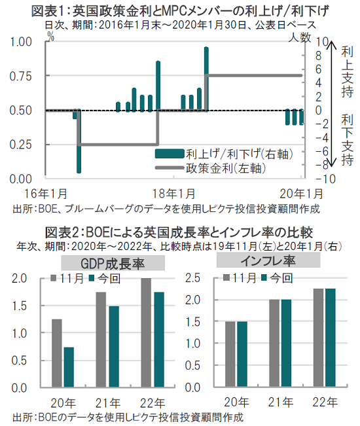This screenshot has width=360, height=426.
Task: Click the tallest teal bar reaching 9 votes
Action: (x=206, y=79)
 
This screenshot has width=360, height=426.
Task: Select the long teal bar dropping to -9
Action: (x=79, y=141)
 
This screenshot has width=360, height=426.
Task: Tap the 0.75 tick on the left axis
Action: (x=20, y=77)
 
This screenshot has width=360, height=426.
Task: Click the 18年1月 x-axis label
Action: (x=174, y=194)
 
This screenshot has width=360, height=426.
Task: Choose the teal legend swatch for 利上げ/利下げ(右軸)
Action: (x=170, y=154)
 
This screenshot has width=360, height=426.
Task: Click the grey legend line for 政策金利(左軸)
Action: (x=170, y=168)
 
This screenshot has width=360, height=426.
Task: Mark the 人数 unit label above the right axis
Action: (x=299, y=38)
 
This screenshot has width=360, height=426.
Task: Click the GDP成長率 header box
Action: (x=113, y=263)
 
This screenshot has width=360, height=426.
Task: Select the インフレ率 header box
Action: (x=268, y=260)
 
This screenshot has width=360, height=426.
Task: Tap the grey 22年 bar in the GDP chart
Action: (x=146, y=332)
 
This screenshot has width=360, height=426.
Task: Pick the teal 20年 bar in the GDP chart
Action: (x=69, y=367)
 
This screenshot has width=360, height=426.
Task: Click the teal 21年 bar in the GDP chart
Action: (x=114, y=347)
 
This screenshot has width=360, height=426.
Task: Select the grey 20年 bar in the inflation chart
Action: (x=230, y=354)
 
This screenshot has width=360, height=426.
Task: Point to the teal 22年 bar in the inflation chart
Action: (x=331, y=338)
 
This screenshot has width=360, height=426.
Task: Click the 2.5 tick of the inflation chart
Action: (x=192, y=278)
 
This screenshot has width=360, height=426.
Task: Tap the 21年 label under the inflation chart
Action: (x=281, y=402)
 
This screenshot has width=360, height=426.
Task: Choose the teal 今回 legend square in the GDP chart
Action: (x=92, y=278)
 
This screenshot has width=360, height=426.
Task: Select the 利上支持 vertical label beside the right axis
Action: (x=347, y=72)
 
